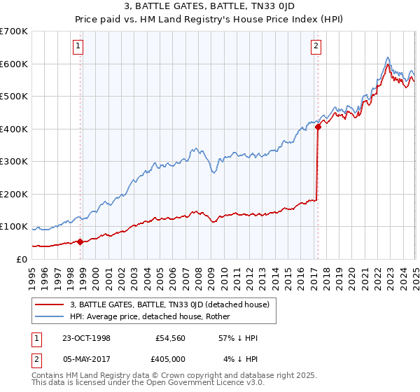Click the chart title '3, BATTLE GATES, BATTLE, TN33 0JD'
coord(209,8)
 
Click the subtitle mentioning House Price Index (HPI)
coord(209,20)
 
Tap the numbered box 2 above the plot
coord(316,47)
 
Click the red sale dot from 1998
coord(80,241)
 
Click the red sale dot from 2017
coord(317,127)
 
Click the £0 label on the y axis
coord(21,259)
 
